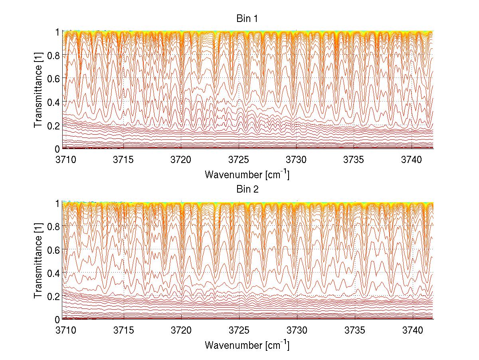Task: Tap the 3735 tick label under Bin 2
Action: click(x=355, y=330)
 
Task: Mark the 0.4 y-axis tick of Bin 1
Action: click(x=53, y=102)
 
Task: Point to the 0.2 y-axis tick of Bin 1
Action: click(x=53, y=125)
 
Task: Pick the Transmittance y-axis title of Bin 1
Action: click(x=38, y=90)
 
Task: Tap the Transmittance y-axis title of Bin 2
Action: click(x=38, y=261)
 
